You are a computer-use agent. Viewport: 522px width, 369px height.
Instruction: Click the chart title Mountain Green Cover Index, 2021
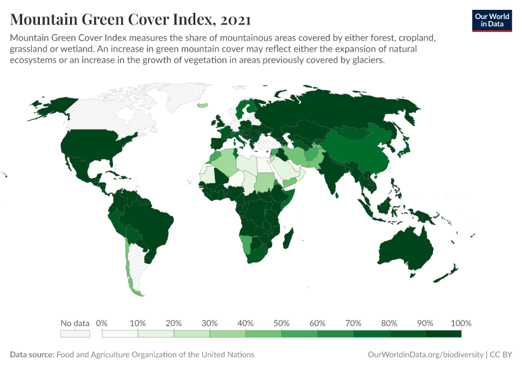130,20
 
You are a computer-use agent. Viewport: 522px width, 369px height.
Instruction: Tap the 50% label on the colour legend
281,323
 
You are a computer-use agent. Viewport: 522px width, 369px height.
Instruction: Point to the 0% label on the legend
102,323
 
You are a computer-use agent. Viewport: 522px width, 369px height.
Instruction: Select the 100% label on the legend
461,323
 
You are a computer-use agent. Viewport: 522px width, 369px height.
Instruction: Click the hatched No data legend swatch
75,334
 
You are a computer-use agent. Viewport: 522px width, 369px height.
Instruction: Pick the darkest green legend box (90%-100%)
443,334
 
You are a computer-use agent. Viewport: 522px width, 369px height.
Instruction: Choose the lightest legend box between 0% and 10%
120,334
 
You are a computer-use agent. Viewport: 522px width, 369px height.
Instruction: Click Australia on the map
405,249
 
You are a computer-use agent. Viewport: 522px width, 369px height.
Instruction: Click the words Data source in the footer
32,355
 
